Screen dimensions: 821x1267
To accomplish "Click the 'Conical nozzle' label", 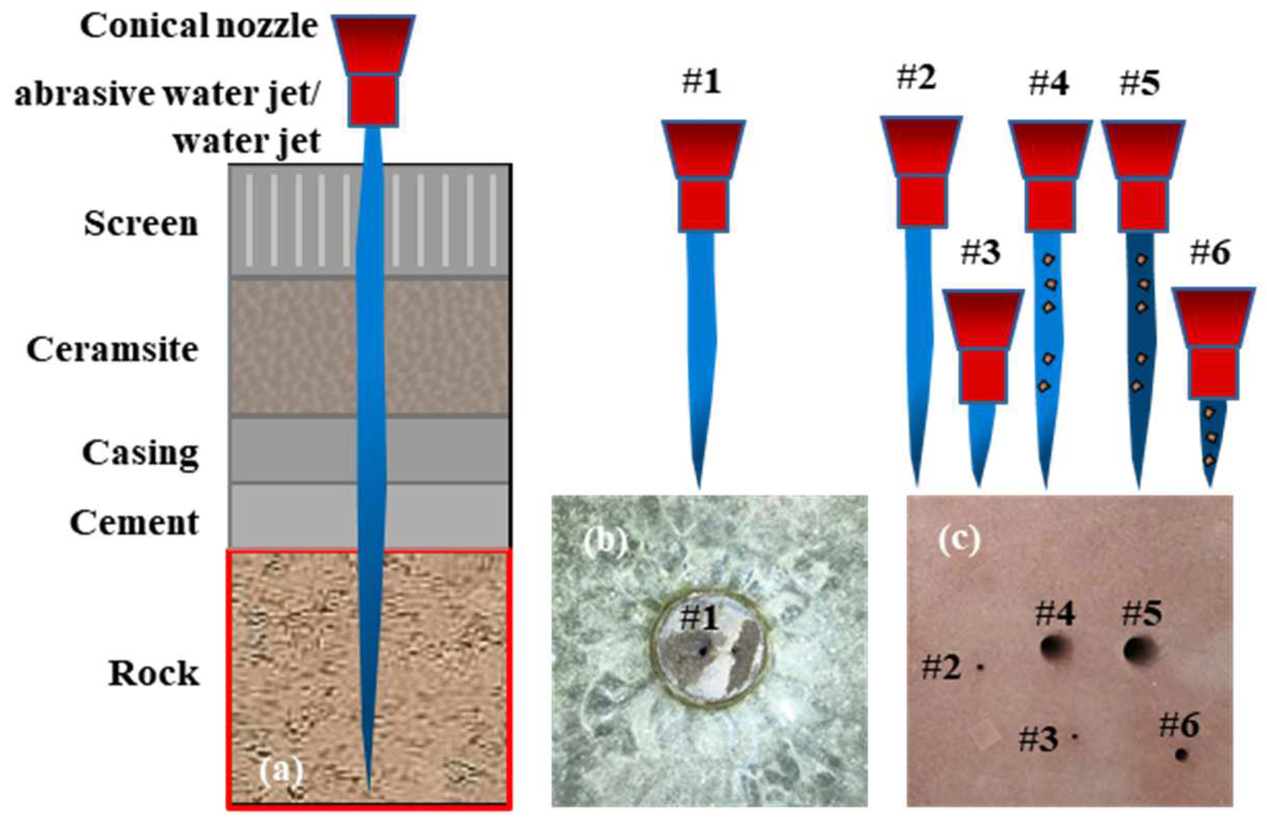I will tap(199, 27).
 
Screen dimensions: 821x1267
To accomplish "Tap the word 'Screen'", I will tap(140, 223).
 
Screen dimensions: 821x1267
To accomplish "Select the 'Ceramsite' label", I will tap(112, 350).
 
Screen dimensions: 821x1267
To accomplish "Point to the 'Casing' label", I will tap(140, 453).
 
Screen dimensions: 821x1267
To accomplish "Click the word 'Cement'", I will tap(134, 522).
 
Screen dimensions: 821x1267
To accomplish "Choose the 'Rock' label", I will tap(154, 674).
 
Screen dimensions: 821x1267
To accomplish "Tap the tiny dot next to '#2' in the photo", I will tap(980, 666).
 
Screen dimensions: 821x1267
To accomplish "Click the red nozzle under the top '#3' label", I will tap(983, 346).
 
